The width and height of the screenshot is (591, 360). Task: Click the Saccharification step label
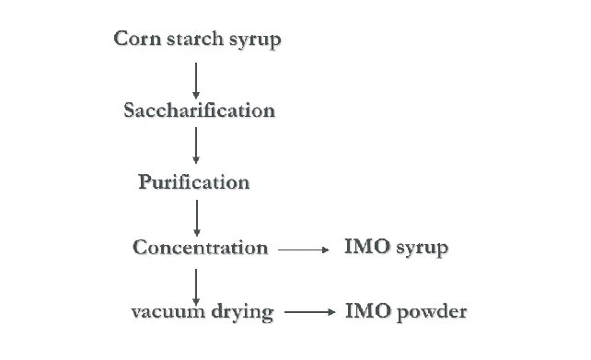tap(199, 110)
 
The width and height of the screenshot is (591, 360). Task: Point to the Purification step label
tap(194, 182)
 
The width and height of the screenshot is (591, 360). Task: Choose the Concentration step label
tap(200, 248)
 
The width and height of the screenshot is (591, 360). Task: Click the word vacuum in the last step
tap(167, 312)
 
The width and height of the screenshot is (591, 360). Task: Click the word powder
tap(432, 312)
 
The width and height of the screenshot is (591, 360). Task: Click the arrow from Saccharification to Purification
tap(195, 145)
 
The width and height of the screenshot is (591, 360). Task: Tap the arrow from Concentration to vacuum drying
tap(196, 282)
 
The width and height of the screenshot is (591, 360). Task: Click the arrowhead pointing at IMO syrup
tap(325, 249)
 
